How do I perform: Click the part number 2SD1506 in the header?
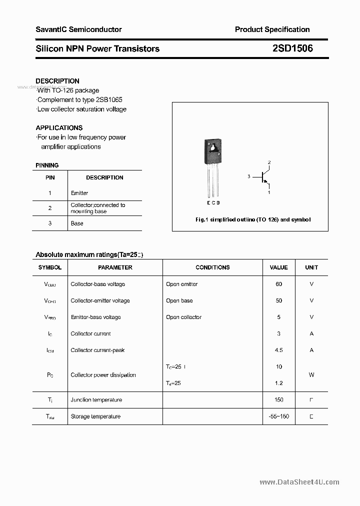tap(293, 48)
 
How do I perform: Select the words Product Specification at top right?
tap(272, 29)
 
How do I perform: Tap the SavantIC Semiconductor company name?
tap(78, 29)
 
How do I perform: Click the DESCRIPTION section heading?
tap(57, 81)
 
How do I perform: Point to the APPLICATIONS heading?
tap(59, 127)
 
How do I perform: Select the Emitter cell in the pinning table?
tap(79, 193)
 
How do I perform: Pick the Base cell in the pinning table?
tap(77, 223)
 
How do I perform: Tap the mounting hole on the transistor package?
tap(212, 147)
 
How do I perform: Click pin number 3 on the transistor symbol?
tap(248, 176)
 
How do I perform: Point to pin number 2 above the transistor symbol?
tap(269, 162)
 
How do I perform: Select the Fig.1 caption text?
tap(252, 220)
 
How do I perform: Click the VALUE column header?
tap(278, 267)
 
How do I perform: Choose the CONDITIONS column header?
tap(212, 267)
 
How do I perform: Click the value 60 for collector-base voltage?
tap(278, 284)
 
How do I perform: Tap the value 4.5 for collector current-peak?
tap(278, 350)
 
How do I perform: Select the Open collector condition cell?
tap(183, 317)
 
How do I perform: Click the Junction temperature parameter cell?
tap(96, 399)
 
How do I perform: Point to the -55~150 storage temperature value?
tap(278, 416)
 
